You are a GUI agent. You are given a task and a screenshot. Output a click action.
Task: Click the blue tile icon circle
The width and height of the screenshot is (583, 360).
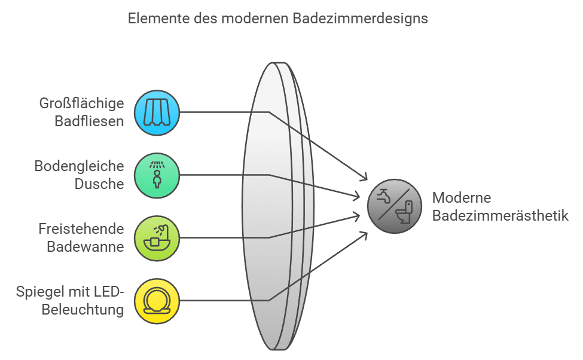coord(157,112)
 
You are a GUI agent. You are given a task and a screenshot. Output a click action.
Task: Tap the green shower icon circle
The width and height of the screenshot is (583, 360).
coord(157,175)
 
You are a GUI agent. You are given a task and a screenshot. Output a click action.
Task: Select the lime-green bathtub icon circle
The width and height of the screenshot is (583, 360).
coord(157,238)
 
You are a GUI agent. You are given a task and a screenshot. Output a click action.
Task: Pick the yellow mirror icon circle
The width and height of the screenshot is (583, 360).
coord(157,301)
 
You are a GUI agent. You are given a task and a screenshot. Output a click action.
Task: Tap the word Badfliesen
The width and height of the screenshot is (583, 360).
coord(89,121)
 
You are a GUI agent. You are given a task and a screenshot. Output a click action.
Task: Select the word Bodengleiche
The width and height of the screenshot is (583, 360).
coord(80,166)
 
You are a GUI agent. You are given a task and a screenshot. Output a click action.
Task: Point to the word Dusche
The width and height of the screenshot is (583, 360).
coord(99,184)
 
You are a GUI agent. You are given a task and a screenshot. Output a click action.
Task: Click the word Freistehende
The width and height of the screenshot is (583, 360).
coord(81,229)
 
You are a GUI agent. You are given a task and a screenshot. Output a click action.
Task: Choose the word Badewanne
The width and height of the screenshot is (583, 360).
coord(86,247)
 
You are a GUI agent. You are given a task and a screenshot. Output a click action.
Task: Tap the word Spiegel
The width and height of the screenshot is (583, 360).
coord(41,292)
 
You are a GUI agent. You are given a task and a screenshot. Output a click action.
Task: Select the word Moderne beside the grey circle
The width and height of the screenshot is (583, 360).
coord(462,198)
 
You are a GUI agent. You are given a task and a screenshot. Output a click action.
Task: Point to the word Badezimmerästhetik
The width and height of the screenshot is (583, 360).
coord(500,216)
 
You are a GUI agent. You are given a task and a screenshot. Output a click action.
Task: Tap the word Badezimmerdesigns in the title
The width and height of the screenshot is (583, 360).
coord(361,19)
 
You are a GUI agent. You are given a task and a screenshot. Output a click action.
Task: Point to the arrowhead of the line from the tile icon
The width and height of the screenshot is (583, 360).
coord(365,178)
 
